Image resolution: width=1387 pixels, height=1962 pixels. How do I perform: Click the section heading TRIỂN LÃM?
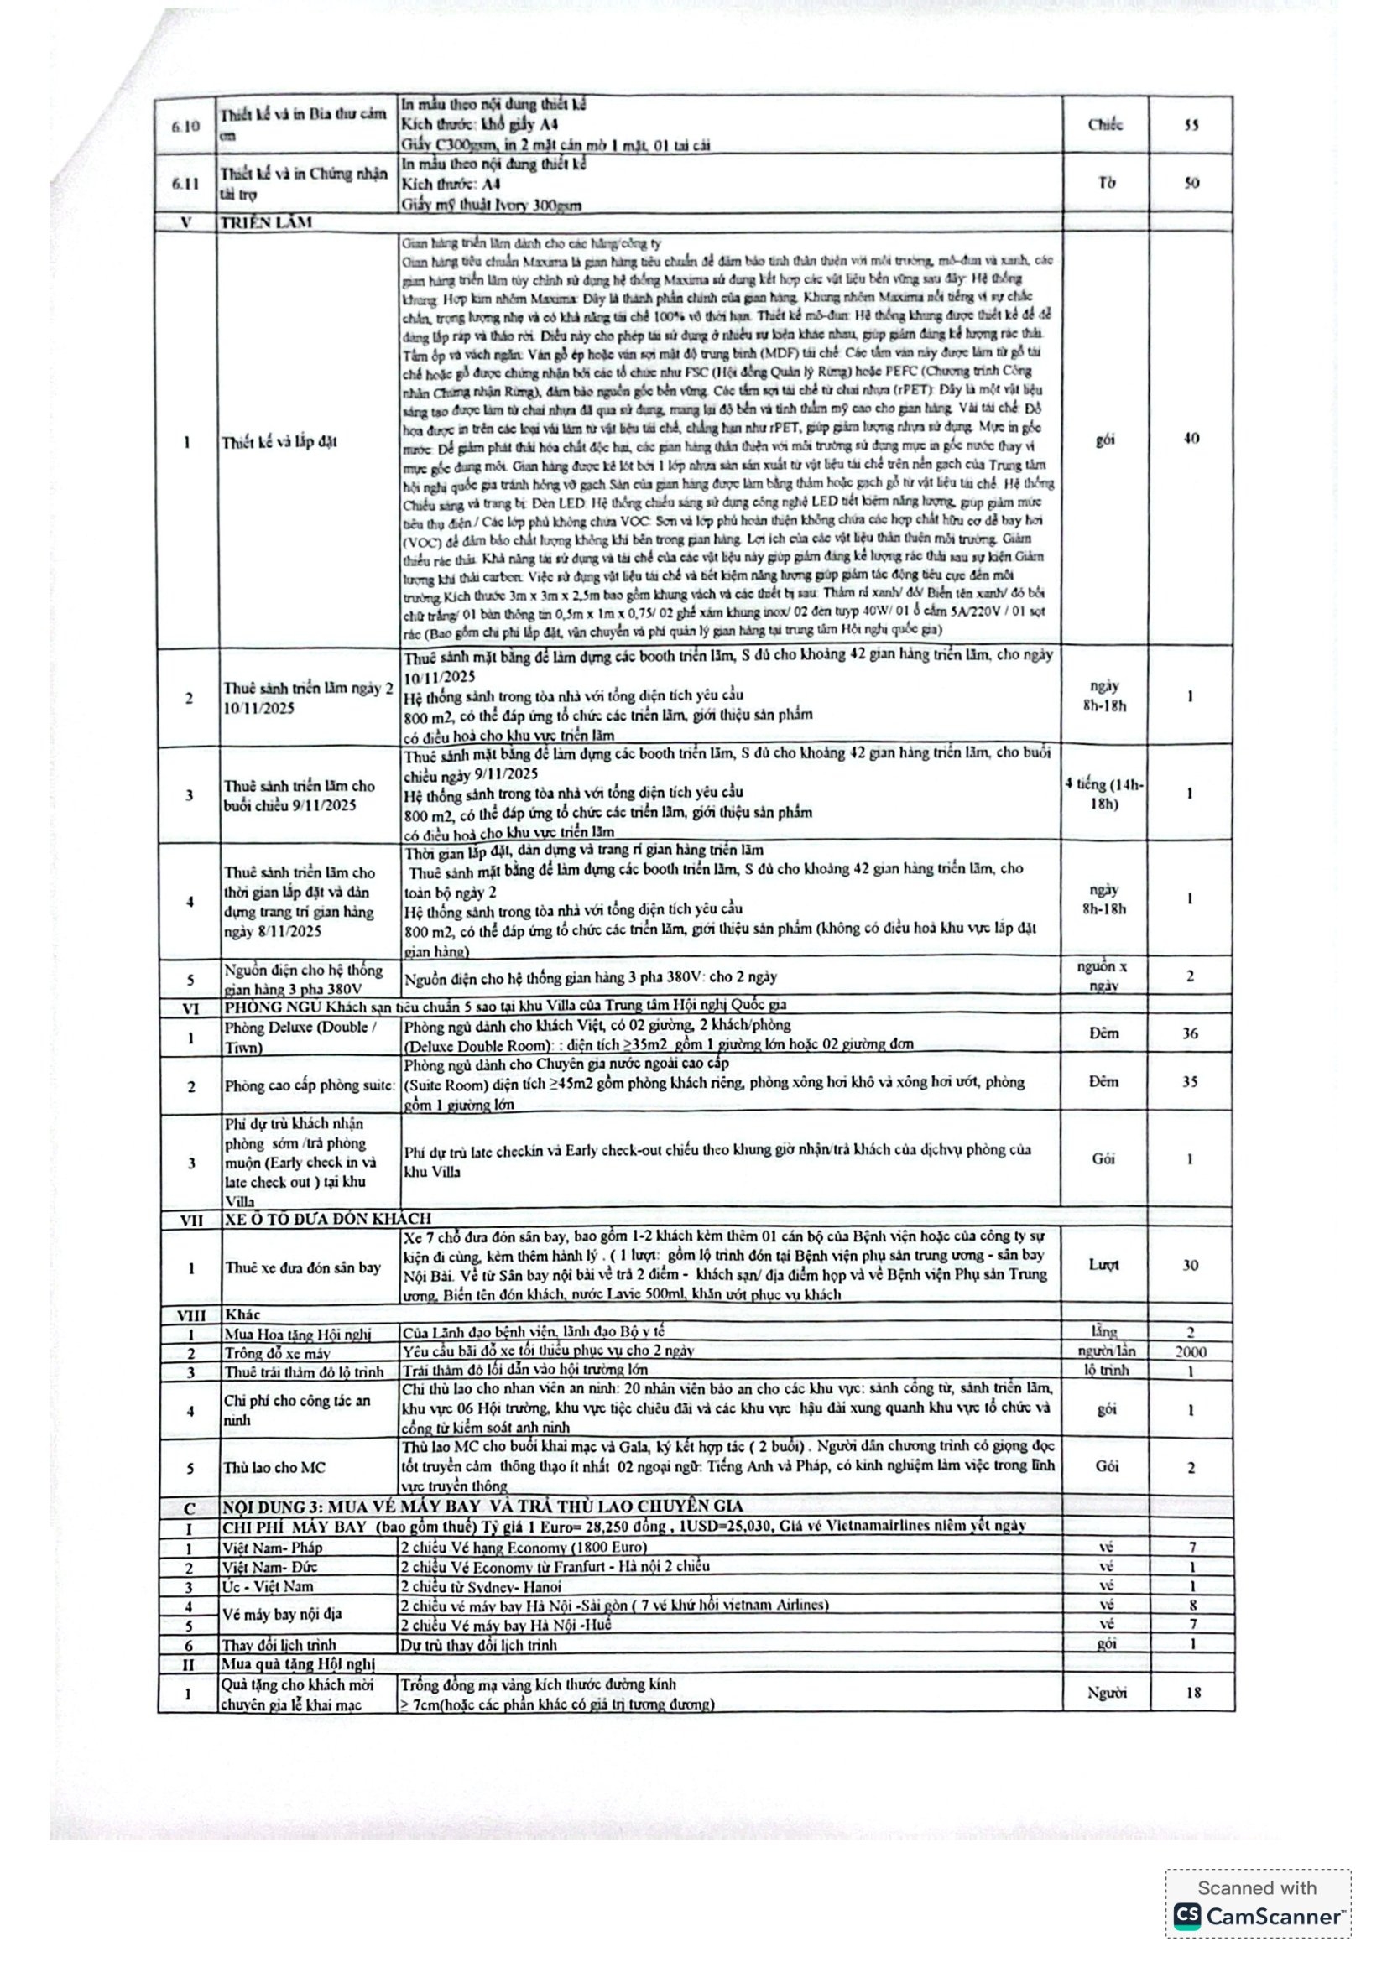pyautogui.click(x=268, y=222)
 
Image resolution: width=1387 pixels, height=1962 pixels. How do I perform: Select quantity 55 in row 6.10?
pyautogui.click(x=1191, y=125)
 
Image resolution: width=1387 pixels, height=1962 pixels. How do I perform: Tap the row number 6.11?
pyautogui.click(x=186, y=183)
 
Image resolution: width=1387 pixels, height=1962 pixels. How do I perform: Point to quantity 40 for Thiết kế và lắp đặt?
pyautogui.click(x=1191, y=439)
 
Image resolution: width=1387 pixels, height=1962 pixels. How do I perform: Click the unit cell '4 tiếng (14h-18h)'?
pyautogui.click(x=1104, y=794)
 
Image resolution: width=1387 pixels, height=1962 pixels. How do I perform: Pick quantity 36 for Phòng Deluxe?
pyautogui.click(x=1191, y=1033)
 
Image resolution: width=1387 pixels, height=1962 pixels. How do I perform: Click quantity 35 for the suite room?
pyautogui.click(x=1191, y=1082)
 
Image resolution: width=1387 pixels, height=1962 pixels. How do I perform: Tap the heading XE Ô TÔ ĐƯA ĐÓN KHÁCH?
pyautogui.click(x=328, y=1219)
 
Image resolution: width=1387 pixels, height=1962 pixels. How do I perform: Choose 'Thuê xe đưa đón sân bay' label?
pyautogui.click(x=303, y=1267)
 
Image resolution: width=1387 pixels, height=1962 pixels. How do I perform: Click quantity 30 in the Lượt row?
pyautogui.click(x=1191, y=1265)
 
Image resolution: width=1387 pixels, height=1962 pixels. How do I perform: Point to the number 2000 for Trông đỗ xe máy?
pyautogui.click(x=1191, y=1352)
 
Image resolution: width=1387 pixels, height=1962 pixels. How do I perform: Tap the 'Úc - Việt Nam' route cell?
pyautogui.click(x=269, y=1586)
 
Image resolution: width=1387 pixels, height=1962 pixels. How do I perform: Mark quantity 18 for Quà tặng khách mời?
pyautogui.click(x=1193, y=1693)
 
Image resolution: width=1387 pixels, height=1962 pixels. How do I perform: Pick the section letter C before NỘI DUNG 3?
pyautogui.click(x=190, y=1508)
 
